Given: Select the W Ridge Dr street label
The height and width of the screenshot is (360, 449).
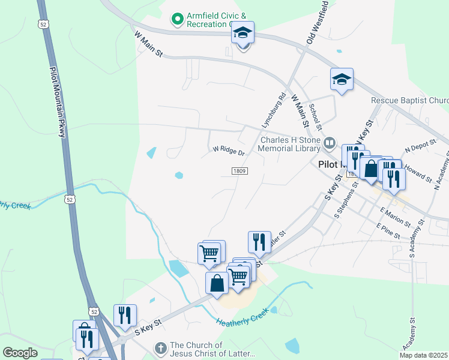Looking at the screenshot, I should click(229, 150).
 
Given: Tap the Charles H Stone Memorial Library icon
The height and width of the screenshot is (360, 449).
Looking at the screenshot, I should click(329, 143).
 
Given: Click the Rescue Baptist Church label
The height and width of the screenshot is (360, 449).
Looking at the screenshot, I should click(409, 101).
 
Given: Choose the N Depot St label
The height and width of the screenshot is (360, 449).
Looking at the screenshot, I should click(418, 148).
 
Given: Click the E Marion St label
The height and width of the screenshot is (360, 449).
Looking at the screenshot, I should click(394, 217).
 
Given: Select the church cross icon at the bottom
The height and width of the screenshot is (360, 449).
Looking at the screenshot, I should click(160, 347).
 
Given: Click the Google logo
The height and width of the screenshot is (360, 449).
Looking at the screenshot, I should click(20, 353).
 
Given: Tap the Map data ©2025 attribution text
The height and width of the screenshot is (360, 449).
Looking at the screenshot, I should click(423, 355).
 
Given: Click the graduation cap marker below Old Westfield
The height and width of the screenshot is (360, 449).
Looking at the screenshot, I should click(342, 80).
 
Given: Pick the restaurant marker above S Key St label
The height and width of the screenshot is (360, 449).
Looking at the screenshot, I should click(125, 315).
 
